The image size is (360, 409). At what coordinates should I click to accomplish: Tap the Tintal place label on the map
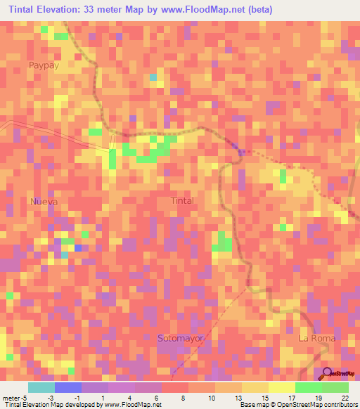182,200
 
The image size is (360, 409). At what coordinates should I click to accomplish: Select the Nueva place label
43,201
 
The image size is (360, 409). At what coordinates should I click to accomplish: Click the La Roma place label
317,338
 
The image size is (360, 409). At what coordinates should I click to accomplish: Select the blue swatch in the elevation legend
67,387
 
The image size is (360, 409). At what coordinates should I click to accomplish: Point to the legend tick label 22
345,397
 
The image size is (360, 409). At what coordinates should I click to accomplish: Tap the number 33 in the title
90,10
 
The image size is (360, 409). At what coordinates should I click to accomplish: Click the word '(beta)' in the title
257,10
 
